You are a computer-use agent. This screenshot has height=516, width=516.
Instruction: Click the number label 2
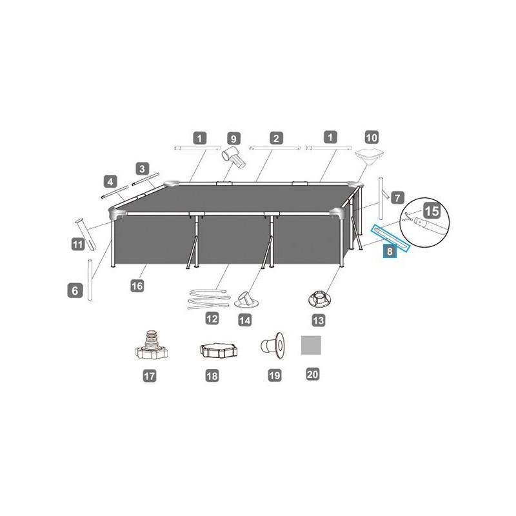point(275,137)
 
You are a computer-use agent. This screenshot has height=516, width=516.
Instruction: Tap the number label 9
point(233,137)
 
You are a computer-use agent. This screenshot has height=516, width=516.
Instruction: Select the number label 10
point(372,137)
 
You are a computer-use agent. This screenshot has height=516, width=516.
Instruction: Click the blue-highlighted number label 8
point(389,252)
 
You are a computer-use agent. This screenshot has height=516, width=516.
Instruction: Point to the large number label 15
point(433,211)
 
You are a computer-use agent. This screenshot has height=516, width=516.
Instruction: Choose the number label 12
point(212,318)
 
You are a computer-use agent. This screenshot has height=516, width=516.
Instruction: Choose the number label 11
point(78,244)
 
